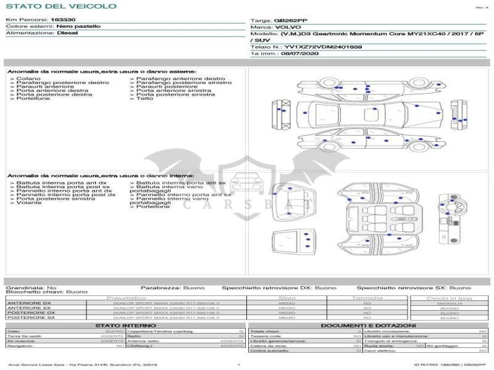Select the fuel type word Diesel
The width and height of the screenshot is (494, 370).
pyautogui.click(x=67, y=33)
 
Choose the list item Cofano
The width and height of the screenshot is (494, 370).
pyautogui.click(x=28, y=79)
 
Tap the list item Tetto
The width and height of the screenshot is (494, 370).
pyautogui.click(x=144, y=99)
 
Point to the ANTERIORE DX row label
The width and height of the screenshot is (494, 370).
pyautogui.click(x=28, y=303)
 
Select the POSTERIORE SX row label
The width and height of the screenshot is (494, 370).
pyautogui.click(x=29, y=318)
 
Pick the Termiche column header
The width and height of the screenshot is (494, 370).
pyautogui.click(x=367, y=298)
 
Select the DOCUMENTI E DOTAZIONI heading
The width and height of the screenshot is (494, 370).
pyautogui.click(x=368, y=326)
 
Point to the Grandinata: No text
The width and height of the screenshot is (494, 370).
pyautogui.click(x=31, y=287)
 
